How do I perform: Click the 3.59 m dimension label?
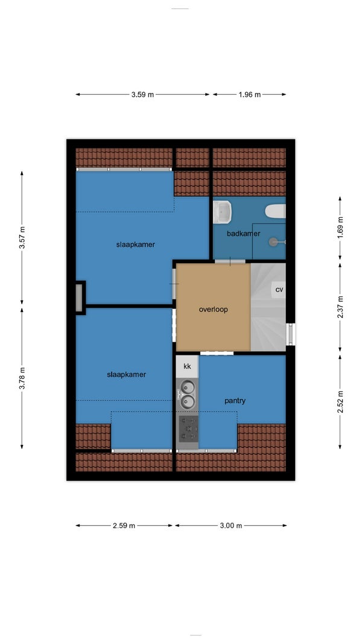tap(142, 95)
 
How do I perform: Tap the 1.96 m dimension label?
tap(250, 95)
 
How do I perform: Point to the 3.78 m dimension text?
tap(22, 378)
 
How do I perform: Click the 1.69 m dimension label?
tap(340, 228)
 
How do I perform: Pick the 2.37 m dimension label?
tap(340, 307)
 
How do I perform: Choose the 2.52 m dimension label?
tap(340, 402)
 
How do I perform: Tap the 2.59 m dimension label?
tap(124, 525)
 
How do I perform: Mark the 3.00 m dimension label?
tap(231, 525)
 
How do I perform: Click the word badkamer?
tap(243, 234)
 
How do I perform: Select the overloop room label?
tap(213, 309)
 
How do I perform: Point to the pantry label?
tap(235, 401)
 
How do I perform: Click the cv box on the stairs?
tap(279, 290)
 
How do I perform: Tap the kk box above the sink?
tap(187, 366)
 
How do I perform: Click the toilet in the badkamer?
tap(275, 211)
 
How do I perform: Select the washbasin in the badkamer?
tap(222, 212)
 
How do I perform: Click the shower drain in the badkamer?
tap(273, 242)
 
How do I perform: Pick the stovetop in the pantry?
tap(188, 429)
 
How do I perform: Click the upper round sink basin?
tap(188, 387)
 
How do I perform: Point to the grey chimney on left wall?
tap(79, 298)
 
